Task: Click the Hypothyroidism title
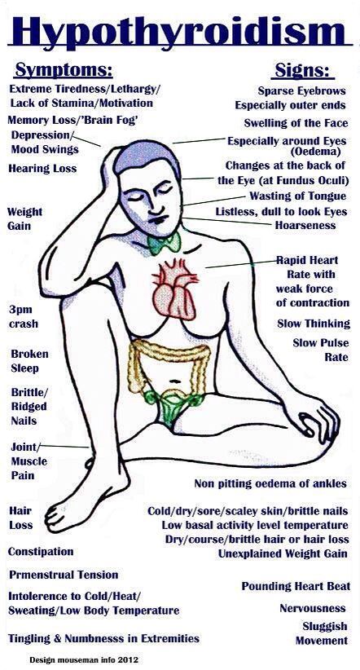[x=180, y=30]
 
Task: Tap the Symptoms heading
[x=64, y=70]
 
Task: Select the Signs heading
[x=303, y=70]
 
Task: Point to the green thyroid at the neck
[x=164, y=244]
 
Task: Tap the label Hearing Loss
[x=42, y=169]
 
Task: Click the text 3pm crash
[x=24, y=316]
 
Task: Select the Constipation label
[x=41, y=552]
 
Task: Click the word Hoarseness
[x=305, y=225]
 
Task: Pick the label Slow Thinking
[x=314, y=324]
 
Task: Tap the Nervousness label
[x=313, y=608]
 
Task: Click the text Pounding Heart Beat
[x=296, y=586]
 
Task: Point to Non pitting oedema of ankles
[x=270, y=483]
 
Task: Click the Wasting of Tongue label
[x=297, y=196]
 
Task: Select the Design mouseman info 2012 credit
[x=84, y=660]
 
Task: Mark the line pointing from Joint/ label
[x=64, y=447]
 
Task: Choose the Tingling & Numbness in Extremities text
[x=103, y=638]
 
